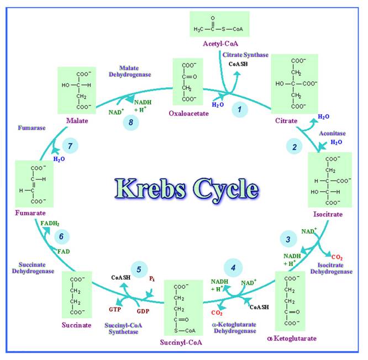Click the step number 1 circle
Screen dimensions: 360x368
tap(240, 109)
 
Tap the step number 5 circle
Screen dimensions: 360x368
tap(139, 270)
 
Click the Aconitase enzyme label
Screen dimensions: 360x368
tap(332, 133)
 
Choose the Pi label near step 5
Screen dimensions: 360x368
tap(151, 279)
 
